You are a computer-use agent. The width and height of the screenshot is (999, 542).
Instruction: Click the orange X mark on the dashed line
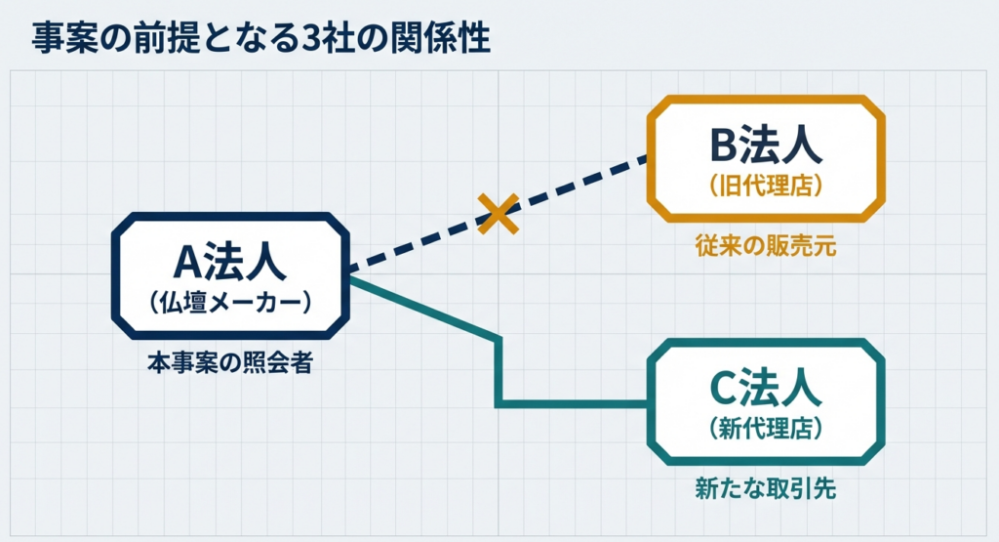499,212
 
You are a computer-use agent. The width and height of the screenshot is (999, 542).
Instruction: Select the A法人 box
230,275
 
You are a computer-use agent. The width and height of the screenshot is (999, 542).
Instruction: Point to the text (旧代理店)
766,185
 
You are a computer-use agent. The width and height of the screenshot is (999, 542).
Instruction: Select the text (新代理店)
766,428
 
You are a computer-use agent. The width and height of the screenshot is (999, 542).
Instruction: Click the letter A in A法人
186,262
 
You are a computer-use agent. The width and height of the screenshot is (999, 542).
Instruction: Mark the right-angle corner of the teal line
499,402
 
